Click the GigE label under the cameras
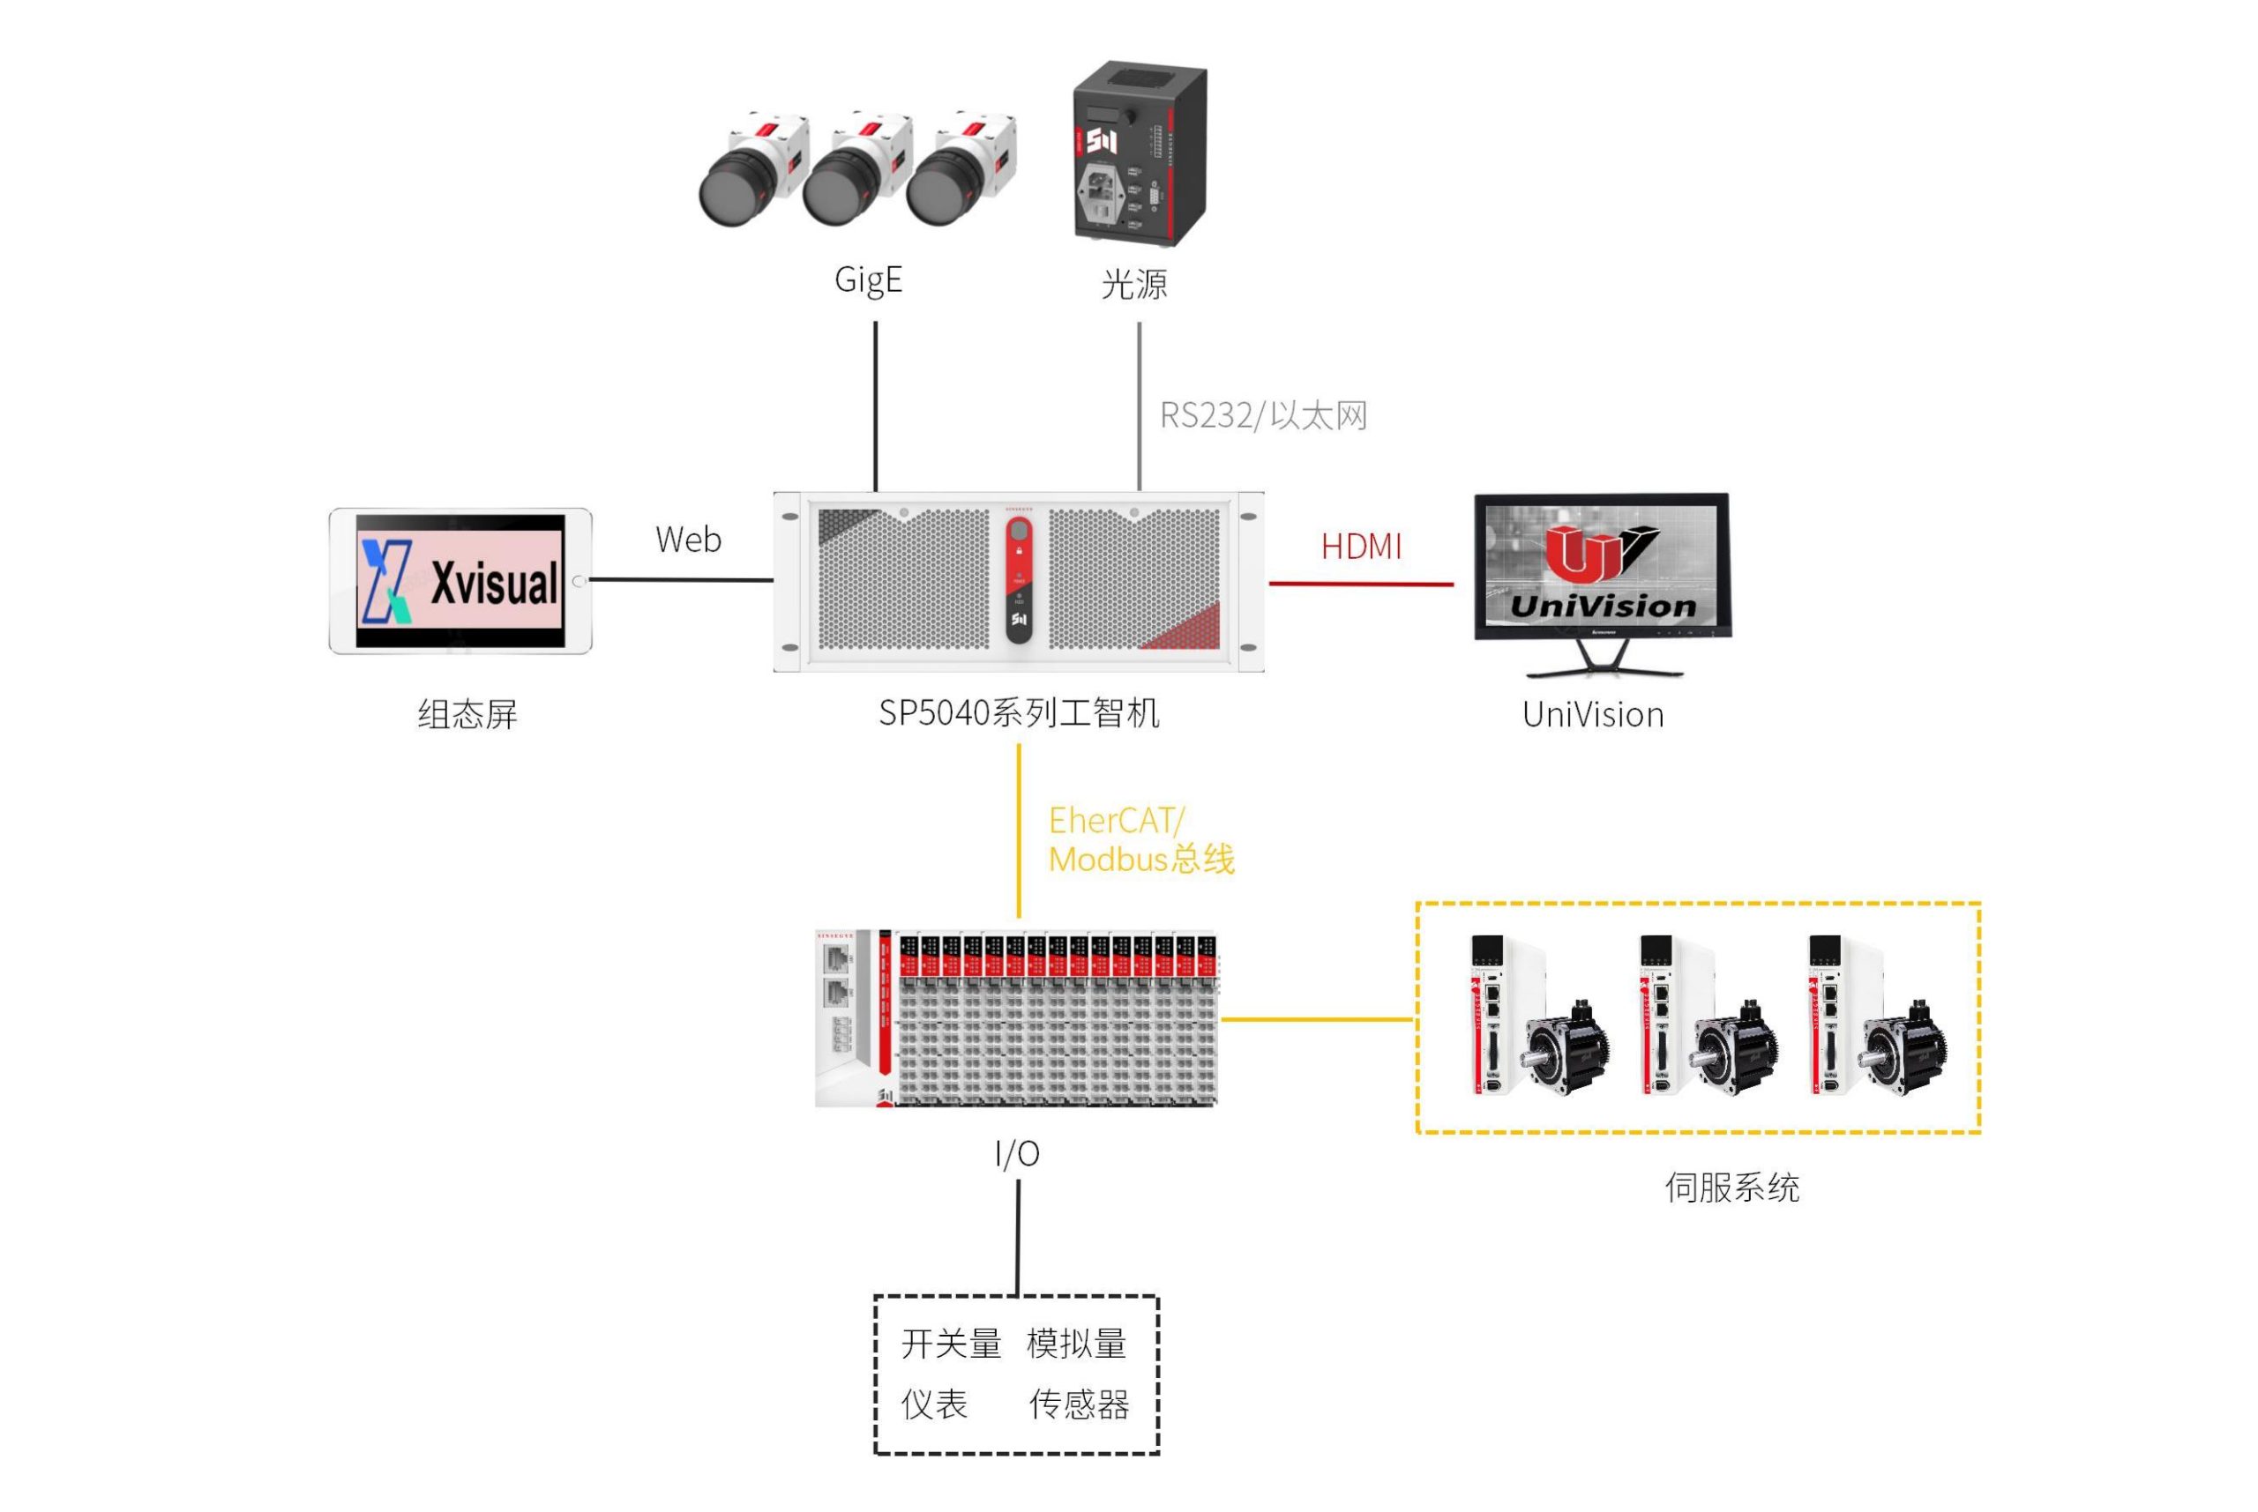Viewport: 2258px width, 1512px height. coord(868,279)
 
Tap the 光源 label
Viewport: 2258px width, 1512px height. coord(1134,284)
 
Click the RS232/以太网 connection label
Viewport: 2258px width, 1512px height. coord(1262,415)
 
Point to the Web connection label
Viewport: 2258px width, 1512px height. coord(688,539)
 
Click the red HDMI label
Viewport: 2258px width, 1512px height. coord(1361,547)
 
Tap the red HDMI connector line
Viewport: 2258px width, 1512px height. coord(1361,584)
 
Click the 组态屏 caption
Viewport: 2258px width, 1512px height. coord(467,714)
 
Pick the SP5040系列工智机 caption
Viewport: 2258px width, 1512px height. coord(1019,713)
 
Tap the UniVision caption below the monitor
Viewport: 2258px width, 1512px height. coord(1592,714)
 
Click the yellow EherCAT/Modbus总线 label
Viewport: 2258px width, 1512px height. coord(1141,840)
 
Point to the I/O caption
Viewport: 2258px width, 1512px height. coord(1017,1153)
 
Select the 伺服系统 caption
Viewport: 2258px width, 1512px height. coord(1731,1187)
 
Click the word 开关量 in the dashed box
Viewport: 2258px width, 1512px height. coord(951,1344)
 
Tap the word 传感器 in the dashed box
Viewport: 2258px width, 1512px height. coord(1080,1405)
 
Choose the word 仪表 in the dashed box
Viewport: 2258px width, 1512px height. coord(934,1405)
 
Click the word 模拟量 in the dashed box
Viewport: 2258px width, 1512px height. coord(1076,1344)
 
